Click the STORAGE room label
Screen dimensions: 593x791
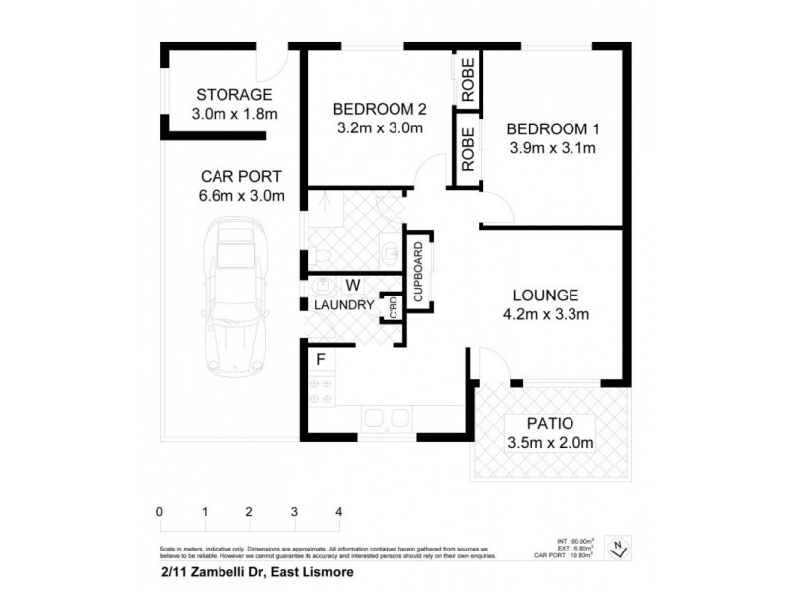pyautogui.click(x=233, y=95)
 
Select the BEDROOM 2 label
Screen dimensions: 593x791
pyautogui.click(x=378, y=109)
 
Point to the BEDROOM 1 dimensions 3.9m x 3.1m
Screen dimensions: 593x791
pyautogui.click(x=554, y=149)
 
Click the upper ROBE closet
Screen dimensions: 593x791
pyautogui.click(x=468, y=78)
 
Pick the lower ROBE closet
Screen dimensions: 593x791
pyautogui.click(x=468, y=149)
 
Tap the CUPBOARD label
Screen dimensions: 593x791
pyautogui.click(x=418, y=271)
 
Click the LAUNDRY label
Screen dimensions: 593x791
pyautogui.click(x=343, y=305)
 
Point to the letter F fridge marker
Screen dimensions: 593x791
pyautogui.click(x=321, y=360)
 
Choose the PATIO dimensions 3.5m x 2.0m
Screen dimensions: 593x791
pyautogui.click(x=550, y=442)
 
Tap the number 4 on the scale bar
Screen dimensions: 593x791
pyautogui.click(x=339, y=512)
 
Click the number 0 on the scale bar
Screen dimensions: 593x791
pyautogui.click(x=159, y=512)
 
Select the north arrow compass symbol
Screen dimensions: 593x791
pyautogui.click(x=618, y=545)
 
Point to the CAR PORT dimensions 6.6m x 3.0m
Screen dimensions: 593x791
pyautogui.click(x=242, y=196)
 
